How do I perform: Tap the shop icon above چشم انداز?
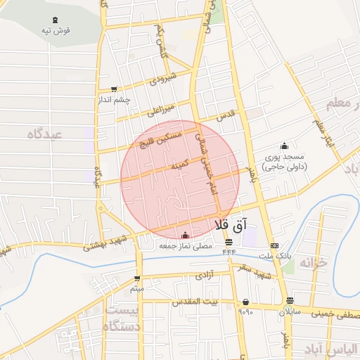point(112,89)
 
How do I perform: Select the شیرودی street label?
point(161,79)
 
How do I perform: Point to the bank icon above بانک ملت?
point(274,245)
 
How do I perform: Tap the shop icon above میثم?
point(137,278)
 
